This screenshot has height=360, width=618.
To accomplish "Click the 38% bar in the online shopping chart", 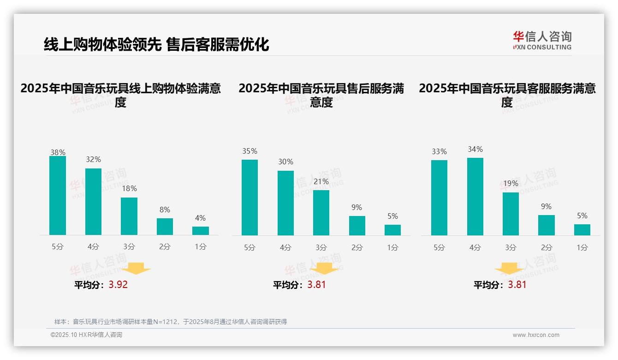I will click(58, 196).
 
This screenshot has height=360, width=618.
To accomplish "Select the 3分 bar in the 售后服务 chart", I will click(321, 213).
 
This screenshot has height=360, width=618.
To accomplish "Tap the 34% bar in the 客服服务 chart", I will click(475, 197).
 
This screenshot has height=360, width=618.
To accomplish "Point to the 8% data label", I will click(165, 210).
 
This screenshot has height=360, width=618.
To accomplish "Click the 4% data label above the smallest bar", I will click(200, 218).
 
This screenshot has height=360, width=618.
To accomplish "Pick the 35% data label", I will click(250, 151).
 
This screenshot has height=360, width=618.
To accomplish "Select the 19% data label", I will click(511, 183).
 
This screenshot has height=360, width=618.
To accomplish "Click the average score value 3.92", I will click(118, 284).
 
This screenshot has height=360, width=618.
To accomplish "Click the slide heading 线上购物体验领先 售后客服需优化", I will click(156, 44).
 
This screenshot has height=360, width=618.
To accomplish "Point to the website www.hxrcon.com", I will click(536, 335).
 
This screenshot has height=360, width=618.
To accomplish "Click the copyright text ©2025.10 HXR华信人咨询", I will click(86, 335).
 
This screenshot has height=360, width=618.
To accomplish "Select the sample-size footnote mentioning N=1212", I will click(171, 322).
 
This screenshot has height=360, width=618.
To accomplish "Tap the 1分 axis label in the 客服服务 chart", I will click(582, 247).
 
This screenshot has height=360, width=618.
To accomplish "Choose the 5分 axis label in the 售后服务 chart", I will click(250, 247).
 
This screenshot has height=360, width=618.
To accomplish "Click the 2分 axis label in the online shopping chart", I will click(165, 247).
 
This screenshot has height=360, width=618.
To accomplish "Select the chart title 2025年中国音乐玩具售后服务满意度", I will click(321, 95).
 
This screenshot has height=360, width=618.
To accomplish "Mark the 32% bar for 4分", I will click(93, 202).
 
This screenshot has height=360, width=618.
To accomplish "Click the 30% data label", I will click(285, 162).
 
